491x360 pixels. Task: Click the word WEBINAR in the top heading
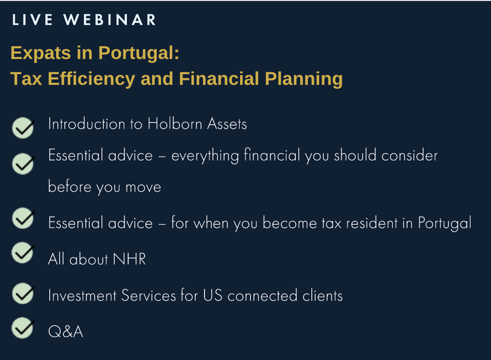point(110,20)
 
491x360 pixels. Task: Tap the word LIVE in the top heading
point(32,20)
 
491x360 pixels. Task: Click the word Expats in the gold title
point(41,53)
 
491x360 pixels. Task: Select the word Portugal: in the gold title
point(139,53)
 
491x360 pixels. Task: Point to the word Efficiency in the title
point(91,79)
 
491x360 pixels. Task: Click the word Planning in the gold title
point(304,79)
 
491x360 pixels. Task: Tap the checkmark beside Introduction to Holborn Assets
point(23,128)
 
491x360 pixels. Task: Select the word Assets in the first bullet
point(227,123)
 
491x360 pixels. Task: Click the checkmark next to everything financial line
point(23,163)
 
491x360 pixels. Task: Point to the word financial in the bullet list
point(272,155)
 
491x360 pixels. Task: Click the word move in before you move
point(143,187)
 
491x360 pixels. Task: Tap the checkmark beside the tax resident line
point(23,218)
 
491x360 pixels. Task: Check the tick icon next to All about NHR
point(23,252)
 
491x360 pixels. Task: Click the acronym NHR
point(129,259)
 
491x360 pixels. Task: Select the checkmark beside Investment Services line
point(23,293)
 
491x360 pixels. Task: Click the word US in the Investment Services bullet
point(213,295)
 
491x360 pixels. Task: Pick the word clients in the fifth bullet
point(323,296)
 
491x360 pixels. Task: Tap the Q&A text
point(65,332)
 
